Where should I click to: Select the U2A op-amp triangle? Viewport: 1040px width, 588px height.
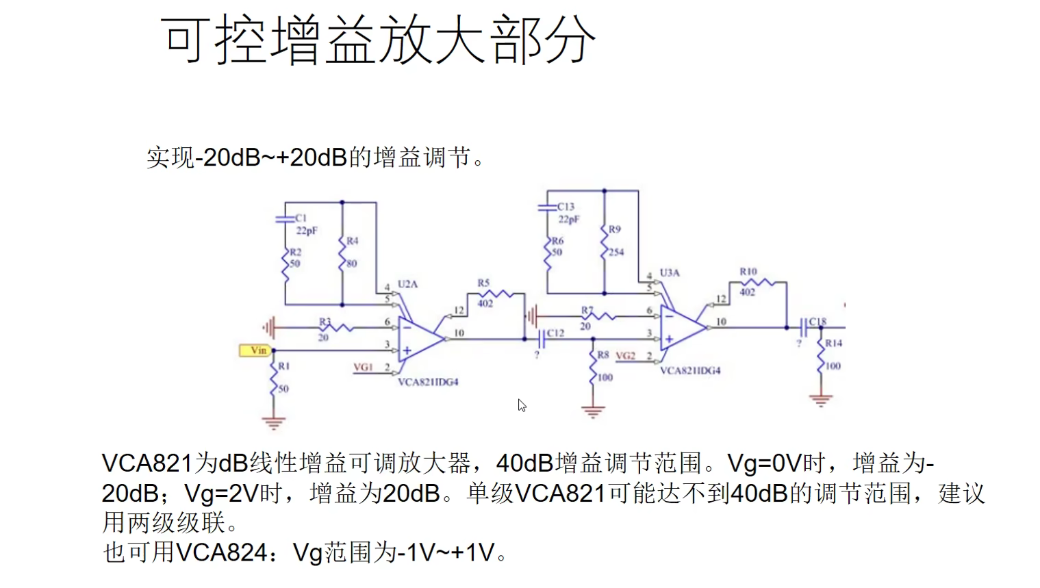[420, 339]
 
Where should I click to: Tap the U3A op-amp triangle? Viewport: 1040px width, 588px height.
[681, 328]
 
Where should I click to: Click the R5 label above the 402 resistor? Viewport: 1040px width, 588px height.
[483, 283]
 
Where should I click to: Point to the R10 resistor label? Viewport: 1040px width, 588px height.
[748, 272]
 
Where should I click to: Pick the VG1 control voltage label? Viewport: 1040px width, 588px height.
[363, 368]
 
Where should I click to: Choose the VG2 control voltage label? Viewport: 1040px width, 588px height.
[625, 356]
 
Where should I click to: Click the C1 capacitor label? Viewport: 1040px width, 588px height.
[301, 218]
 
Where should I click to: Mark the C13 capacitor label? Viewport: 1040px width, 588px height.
[566, 206]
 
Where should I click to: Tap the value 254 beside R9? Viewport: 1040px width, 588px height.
[616, 252]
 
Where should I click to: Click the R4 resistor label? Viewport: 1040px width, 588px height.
[352, 241]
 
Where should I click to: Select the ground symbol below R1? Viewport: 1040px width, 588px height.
[274, 422]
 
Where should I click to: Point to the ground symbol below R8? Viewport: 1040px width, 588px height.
[593, 411]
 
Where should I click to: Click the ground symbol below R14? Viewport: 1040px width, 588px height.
[820, 399]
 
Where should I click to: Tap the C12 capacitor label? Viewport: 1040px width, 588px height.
[555, 333]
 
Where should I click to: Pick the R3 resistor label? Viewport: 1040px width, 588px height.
[325, 321]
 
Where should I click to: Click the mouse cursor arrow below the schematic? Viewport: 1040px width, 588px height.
[522, 405]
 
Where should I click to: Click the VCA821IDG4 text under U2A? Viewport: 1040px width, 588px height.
[428, 382]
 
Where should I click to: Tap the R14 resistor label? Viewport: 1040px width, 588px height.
[833, 343]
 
